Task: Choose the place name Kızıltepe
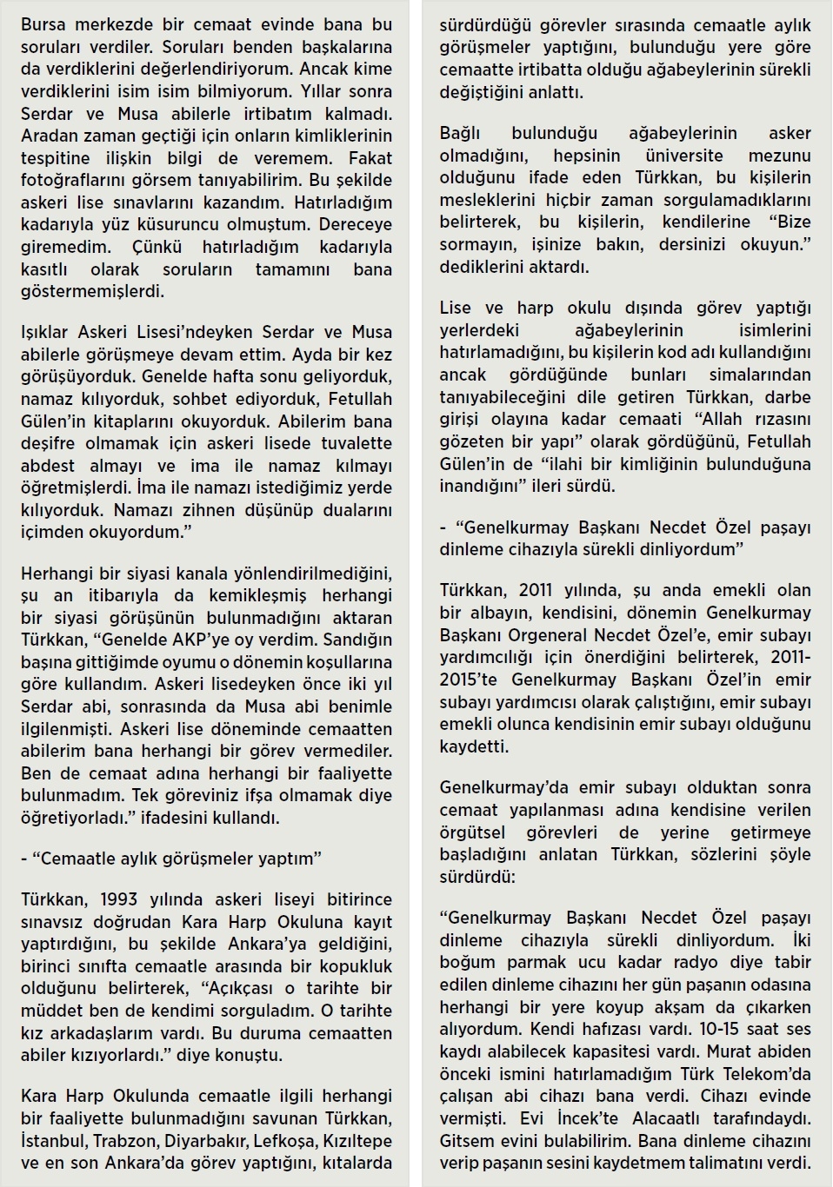click(358, 1140)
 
